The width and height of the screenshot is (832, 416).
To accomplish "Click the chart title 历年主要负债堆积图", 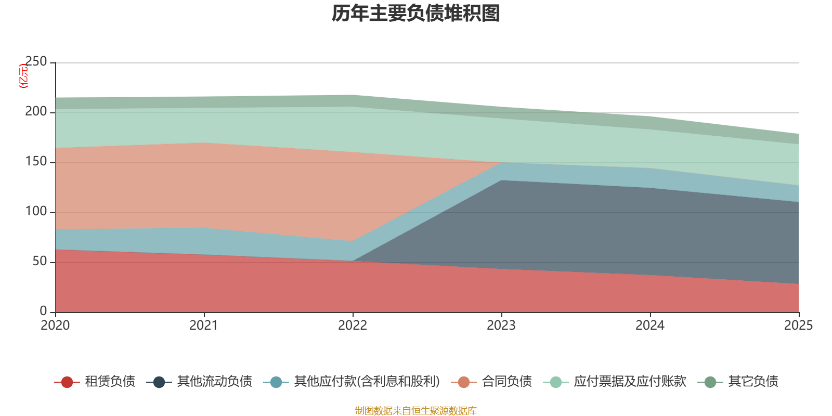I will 416,14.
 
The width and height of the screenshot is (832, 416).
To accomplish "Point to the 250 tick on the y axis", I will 36,62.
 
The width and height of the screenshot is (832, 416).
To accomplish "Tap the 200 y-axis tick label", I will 36,112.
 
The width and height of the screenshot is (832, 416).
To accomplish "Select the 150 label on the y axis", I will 36,162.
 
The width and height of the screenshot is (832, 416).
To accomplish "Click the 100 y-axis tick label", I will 36,212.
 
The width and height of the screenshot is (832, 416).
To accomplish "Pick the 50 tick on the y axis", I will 40,262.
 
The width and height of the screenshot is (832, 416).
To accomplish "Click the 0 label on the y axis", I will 43,311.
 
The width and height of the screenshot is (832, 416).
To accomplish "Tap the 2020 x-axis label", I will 55,326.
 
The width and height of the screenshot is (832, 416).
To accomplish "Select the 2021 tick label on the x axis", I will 204,326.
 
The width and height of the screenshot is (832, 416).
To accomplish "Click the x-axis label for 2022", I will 353,326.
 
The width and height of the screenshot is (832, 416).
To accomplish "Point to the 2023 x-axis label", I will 501,326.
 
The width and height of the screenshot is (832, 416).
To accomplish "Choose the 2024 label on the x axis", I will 650,326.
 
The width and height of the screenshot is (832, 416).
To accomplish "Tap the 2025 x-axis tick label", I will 798,326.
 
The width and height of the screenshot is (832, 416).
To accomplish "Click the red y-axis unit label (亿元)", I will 23,76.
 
